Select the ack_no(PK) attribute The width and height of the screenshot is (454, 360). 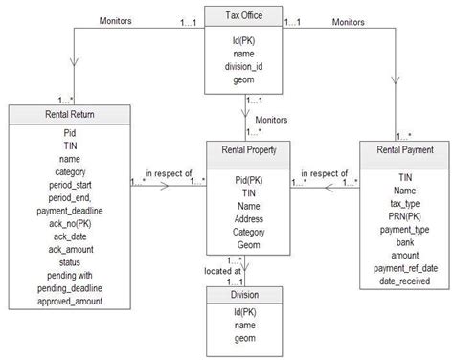tap(69, 222)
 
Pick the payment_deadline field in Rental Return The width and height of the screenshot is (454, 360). tap(69, 210)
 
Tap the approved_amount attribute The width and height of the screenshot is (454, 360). tap(69, 301)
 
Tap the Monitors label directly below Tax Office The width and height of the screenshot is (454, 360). tap(276, 120)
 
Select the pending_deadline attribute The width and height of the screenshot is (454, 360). tap(69, 287)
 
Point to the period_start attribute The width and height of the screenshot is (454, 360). tap(69, 184)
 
